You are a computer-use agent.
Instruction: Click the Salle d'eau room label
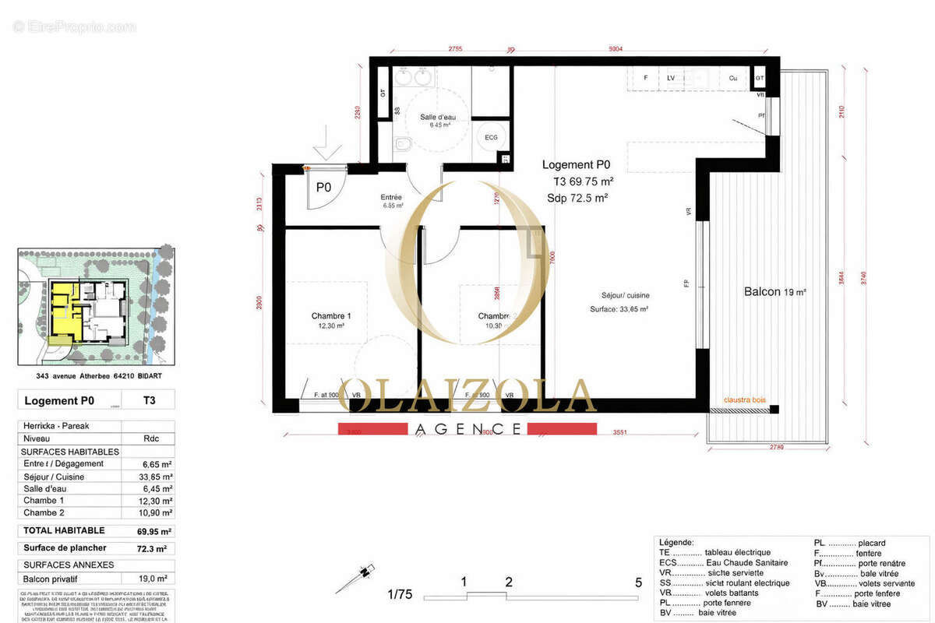(x=437, y=118)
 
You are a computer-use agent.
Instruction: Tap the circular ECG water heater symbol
(x=491, y=136)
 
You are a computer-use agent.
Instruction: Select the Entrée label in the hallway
(x=391, y=198)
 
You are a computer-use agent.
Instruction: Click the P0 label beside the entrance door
(x=323, y=187)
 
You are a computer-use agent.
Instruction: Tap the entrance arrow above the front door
(x=326, y=144)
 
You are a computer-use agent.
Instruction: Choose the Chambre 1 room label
(x=331, y=315)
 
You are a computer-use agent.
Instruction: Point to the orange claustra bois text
(x=745, y=400)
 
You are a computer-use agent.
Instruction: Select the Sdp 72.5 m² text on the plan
(x=577, y=199)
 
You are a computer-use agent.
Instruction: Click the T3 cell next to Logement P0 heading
(x=148, y=401)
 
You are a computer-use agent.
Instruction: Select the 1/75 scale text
(x=400, y=594)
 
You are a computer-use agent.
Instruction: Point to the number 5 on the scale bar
(x=638, y=582)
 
